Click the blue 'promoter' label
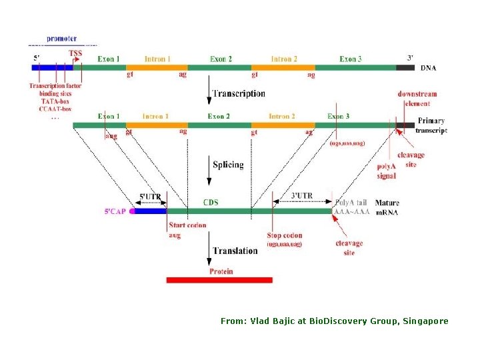pos(61,39)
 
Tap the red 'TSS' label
pos(75,53)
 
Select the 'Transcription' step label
pos(238,94)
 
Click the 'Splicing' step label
pos(228,165)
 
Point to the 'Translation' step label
pos(235,251)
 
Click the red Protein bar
pos(219,280)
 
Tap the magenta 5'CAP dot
pos(133,211)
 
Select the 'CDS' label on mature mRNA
pos(211,202)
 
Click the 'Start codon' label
pos(187,225)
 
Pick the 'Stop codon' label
pos(284,235)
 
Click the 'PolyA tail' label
pos(351,202)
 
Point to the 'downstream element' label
pos(417,99)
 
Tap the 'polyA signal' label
pos(387,171)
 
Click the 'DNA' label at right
pos(429,68)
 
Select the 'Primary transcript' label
pos(431,125)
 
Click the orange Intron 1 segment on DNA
pos(157,67)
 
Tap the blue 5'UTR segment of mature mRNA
pos(150,211)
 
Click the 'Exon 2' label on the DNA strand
pos(221,59)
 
